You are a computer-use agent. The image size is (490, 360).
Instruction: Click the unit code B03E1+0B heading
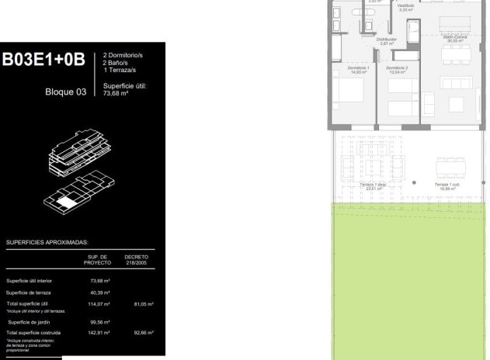[43, 61]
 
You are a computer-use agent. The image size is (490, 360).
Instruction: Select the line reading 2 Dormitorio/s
[124, 56]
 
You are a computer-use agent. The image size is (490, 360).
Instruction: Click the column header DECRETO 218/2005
[136, 259]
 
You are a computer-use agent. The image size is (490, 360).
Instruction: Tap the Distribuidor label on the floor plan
[387, 40]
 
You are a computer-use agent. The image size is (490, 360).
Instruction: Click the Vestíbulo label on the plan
[405, 7]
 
